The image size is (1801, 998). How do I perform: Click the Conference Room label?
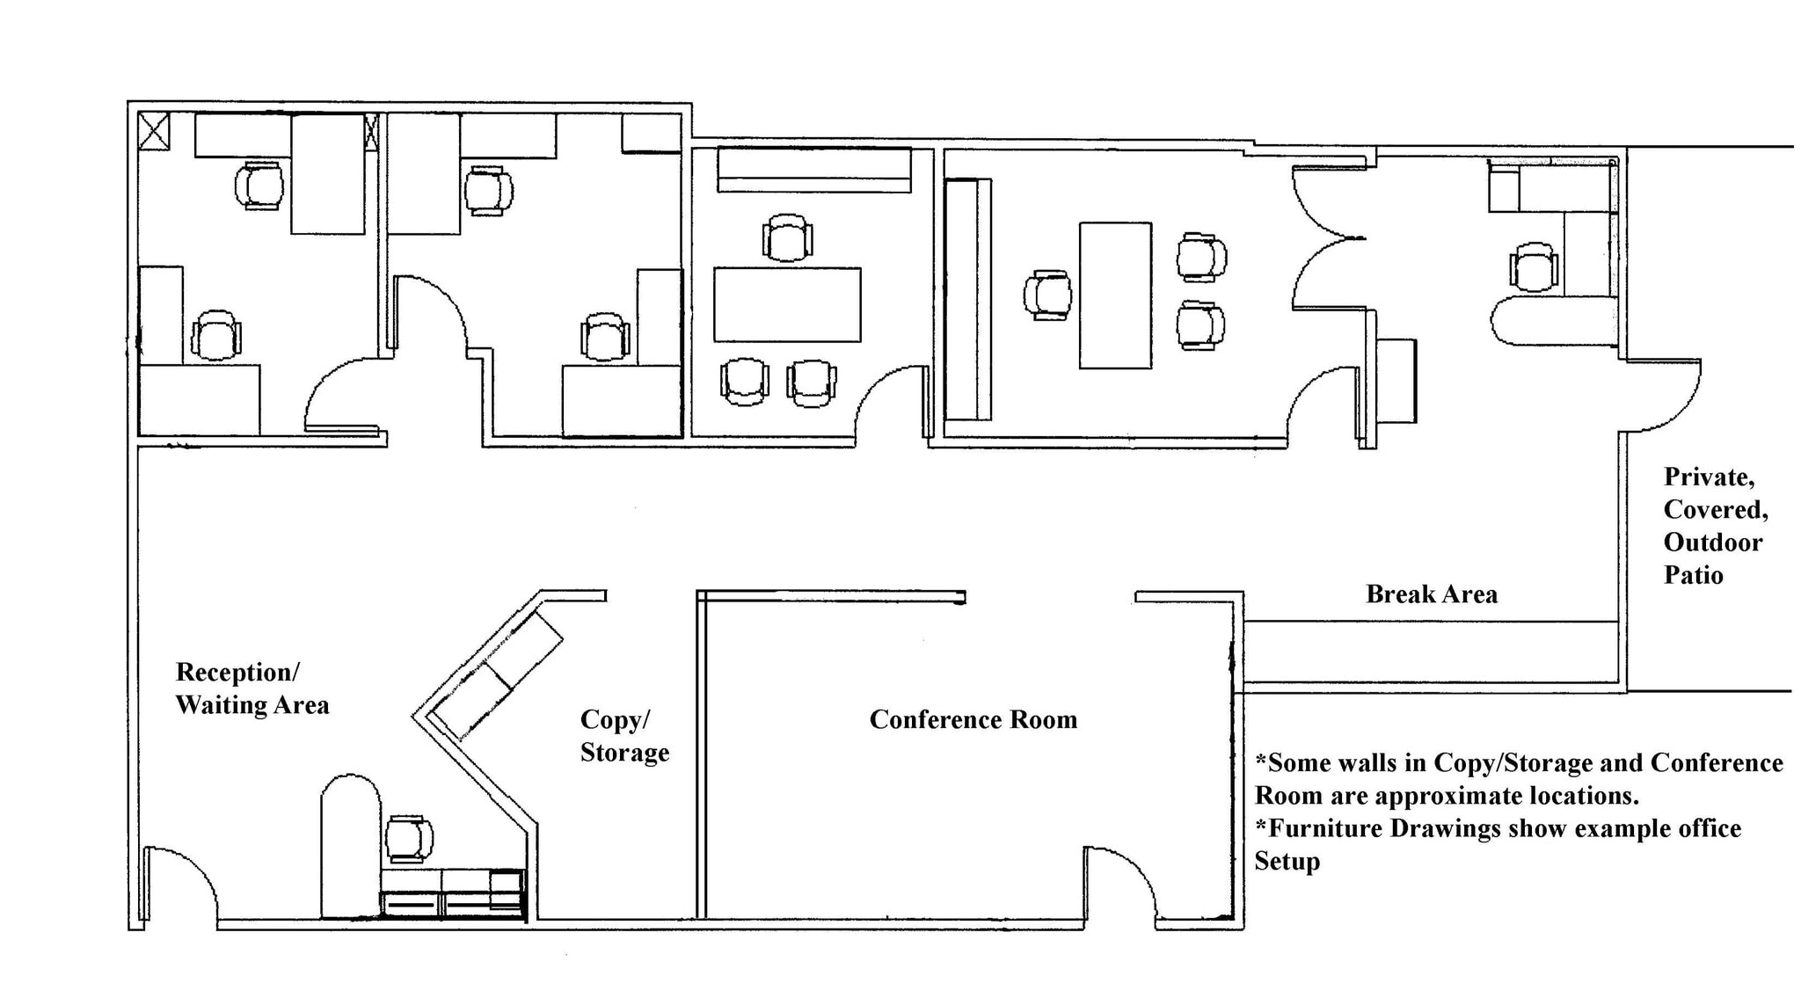(x=973, y=719)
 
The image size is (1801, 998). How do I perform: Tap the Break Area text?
(x=1431, y=594)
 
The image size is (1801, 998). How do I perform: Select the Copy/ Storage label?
(x=623, y=735)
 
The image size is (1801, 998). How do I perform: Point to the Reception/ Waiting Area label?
(x=252, y=688)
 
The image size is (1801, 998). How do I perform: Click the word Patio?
(x=1693, y=576)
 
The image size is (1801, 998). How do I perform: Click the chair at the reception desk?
(x=409, y=838)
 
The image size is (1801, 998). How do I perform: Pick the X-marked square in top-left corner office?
(x=154, y=131)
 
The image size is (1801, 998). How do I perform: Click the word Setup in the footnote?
(x=1287, y=861)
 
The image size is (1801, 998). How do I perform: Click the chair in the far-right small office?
(x=1534, y=267)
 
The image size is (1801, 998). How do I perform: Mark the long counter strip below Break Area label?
(x=1431, y=652)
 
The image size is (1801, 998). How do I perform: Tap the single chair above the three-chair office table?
(x=787, y=237)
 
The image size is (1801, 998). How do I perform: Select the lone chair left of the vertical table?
(x=1047, y=295)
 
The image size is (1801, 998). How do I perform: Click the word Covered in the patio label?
(x=1715, y=510)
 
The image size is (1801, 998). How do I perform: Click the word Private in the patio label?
(x=1709, y=477)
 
